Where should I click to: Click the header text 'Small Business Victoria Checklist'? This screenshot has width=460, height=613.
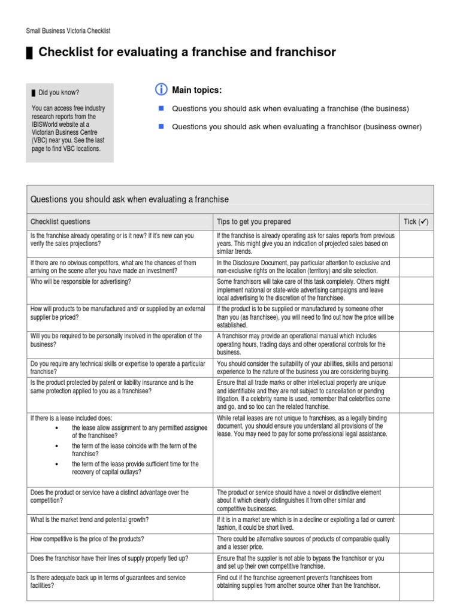[68, 31]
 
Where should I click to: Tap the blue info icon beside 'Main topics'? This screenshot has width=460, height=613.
[161, 90]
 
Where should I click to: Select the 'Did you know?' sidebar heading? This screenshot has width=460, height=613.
[59, 93]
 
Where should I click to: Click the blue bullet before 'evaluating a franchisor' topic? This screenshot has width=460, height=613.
[161, 126]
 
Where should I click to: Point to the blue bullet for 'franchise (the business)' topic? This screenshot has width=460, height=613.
[161, 108]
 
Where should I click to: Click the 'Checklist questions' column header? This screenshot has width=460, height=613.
[60, 221]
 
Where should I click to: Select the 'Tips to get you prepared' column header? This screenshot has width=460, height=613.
[253, 221]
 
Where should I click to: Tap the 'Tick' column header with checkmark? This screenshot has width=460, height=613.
[416, 221]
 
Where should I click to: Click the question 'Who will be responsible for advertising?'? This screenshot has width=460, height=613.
[81, 281]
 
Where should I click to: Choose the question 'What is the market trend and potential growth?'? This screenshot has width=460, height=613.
[90, 520]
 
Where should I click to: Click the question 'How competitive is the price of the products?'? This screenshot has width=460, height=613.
[87, 539]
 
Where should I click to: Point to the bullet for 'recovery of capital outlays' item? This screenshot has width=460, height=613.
[56, 464]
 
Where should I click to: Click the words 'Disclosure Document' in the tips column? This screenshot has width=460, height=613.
[256, 263]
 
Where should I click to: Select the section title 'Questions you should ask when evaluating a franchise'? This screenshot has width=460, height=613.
[129, 199]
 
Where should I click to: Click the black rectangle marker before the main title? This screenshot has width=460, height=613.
[29, 53]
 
